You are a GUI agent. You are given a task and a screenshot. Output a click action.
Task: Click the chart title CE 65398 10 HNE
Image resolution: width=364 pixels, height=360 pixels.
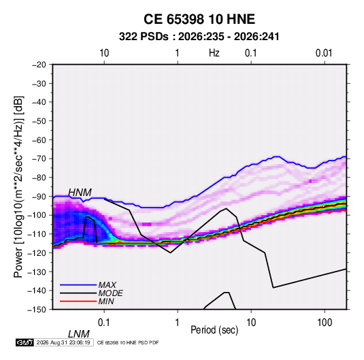[x=199, y=19]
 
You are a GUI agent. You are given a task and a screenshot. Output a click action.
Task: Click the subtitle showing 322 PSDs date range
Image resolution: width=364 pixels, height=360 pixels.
[x=199, y=37]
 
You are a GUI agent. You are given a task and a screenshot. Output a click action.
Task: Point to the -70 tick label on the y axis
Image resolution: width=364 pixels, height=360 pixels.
[x=39, y=159]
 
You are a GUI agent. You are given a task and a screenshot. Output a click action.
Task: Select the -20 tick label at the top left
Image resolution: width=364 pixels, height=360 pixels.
[x=39, y=65]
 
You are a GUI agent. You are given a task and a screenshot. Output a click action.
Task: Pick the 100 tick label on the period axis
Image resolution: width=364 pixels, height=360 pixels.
[x=325, y=323]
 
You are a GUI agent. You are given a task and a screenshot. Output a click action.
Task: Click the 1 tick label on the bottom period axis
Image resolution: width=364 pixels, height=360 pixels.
[x=178, y=323]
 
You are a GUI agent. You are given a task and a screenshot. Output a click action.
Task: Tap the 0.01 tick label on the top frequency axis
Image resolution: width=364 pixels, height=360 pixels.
[x=324, y=53]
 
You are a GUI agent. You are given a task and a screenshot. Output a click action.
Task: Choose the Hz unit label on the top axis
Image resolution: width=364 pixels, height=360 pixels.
[x=214, y=53]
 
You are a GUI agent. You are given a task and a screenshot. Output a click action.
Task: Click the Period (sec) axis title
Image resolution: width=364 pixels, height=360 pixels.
[x=214, y=330]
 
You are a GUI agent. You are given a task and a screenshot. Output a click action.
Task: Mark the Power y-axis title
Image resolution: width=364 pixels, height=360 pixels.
[x=18, y=186]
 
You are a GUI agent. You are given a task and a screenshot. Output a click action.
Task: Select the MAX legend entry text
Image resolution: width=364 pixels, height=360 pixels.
[x=107, y=285]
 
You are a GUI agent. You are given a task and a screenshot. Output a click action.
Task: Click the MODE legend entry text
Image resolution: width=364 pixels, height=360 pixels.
[x=110, y=293]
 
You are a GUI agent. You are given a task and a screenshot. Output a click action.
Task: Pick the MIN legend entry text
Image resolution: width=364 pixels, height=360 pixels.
[x=106, y=301]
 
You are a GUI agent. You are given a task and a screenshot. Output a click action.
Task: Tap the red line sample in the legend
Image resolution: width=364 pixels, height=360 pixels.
[x=78, y=301]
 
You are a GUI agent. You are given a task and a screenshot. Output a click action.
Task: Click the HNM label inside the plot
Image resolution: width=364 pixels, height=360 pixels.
[x=80, y=193]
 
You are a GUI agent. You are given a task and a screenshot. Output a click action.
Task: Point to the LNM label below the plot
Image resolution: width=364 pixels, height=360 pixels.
[x=79, y=334]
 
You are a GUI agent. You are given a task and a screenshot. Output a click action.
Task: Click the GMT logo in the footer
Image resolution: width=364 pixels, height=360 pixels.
[x=24, y=342]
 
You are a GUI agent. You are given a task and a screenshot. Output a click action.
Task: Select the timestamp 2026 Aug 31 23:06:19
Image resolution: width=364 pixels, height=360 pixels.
[x=63, y=342]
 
